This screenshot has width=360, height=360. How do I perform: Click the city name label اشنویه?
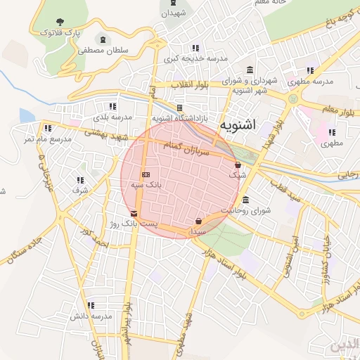238,125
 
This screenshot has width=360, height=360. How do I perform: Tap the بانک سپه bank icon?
146,174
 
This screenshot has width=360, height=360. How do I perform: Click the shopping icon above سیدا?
198,221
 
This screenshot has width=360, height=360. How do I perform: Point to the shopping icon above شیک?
238,165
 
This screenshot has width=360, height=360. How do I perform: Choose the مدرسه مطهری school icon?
310,70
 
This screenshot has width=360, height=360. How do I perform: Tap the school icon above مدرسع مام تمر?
47,128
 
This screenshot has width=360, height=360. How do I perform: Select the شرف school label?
80,190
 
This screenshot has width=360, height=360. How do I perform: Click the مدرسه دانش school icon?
91,305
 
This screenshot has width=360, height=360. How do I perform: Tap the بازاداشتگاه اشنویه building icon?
179,108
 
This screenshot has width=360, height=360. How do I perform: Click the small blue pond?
27,115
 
